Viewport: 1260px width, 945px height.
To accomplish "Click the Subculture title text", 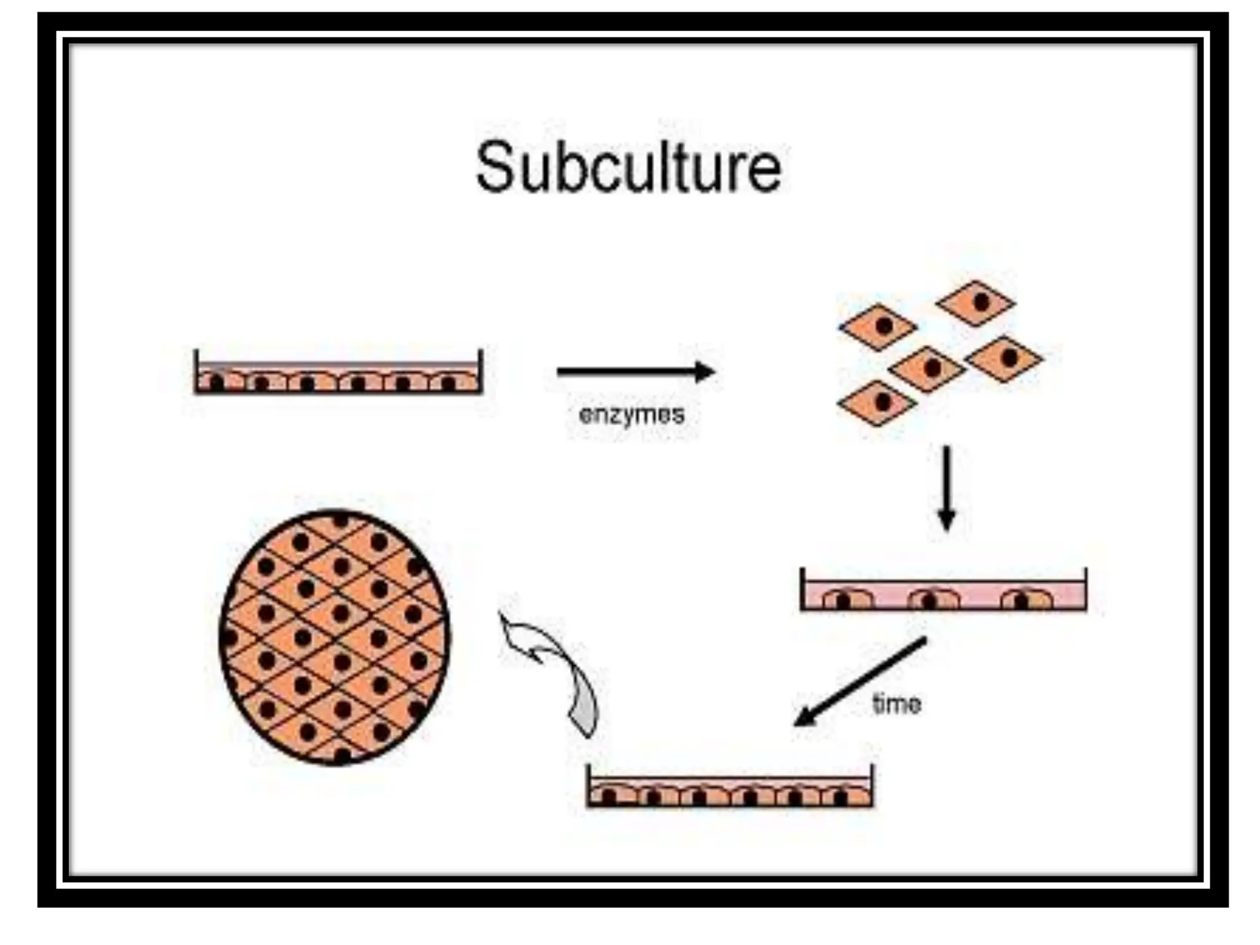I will tap(628, 167).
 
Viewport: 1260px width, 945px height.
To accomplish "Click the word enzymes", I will tap(631, 415).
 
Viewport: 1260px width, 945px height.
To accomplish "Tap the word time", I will tap(896, 704).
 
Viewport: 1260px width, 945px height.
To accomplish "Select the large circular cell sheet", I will tap(335, 637).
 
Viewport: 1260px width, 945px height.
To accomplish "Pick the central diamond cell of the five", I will tap(927, 369).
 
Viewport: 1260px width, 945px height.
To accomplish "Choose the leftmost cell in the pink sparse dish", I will tap(847, 599).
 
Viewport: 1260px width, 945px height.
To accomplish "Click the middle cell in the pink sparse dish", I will tap(933, 599).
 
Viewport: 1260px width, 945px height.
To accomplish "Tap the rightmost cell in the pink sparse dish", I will tap(1026, 599).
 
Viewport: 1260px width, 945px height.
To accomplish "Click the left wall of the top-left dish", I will tap(196, 371).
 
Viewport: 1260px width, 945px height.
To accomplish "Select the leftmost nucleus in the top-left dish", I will tap(217, 383).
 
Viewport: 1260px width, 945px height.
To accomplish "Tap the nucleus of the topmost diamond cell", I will tap(982, 301).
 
